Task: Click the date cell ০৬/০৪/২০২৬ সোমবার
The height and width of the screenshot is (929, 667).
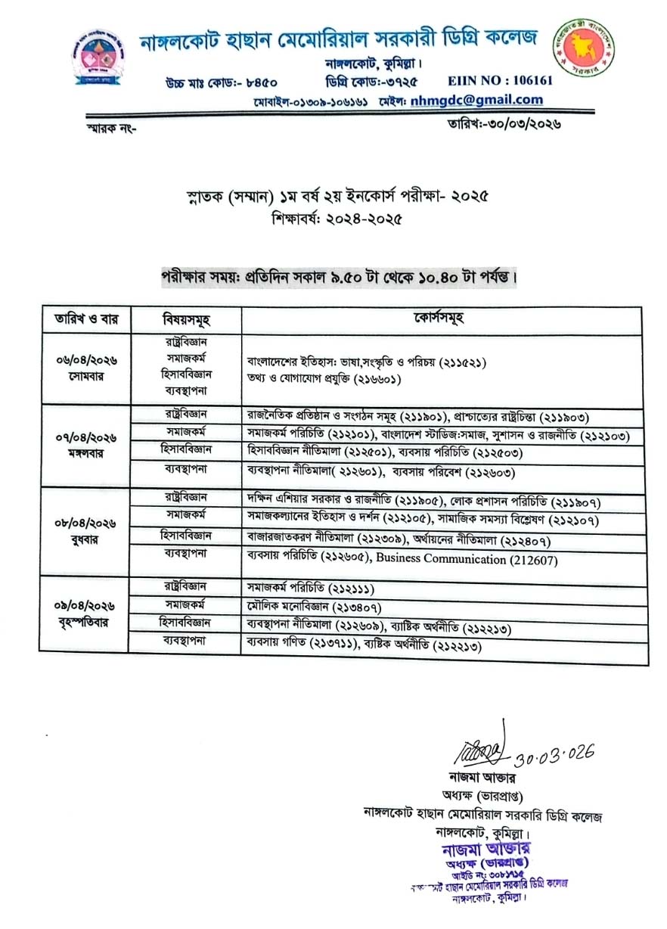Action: [x=85, y=368]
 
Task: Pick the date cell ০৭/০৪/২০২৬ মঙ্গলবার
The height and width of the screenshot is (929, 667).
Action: [x=85, y=446]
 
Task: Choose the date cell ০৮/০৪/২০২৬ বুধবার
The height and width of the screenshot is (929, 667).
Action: [x=85, y=533]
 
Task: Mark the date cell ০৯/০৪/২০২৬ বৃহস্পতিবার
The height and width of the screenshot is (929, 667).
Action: [x=85, y=614]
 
